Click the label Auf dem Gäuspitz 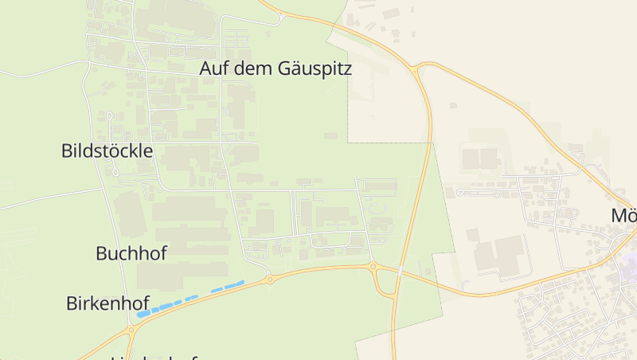pos(275,69)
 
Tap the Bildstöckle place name pos(107,151)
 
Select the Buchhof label pos(131,254)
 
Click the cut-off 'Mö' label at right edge pos(623,216)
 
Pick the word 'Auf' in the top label pos(211,69)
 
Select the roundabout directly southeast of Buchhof pos(270,279)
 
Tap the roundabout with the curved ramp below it pos(373,267)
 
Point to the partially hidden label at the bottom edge pos(155,357)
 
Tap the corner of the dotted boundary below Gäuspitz pos(349,143)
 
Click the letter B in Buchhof pos(101,254)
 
